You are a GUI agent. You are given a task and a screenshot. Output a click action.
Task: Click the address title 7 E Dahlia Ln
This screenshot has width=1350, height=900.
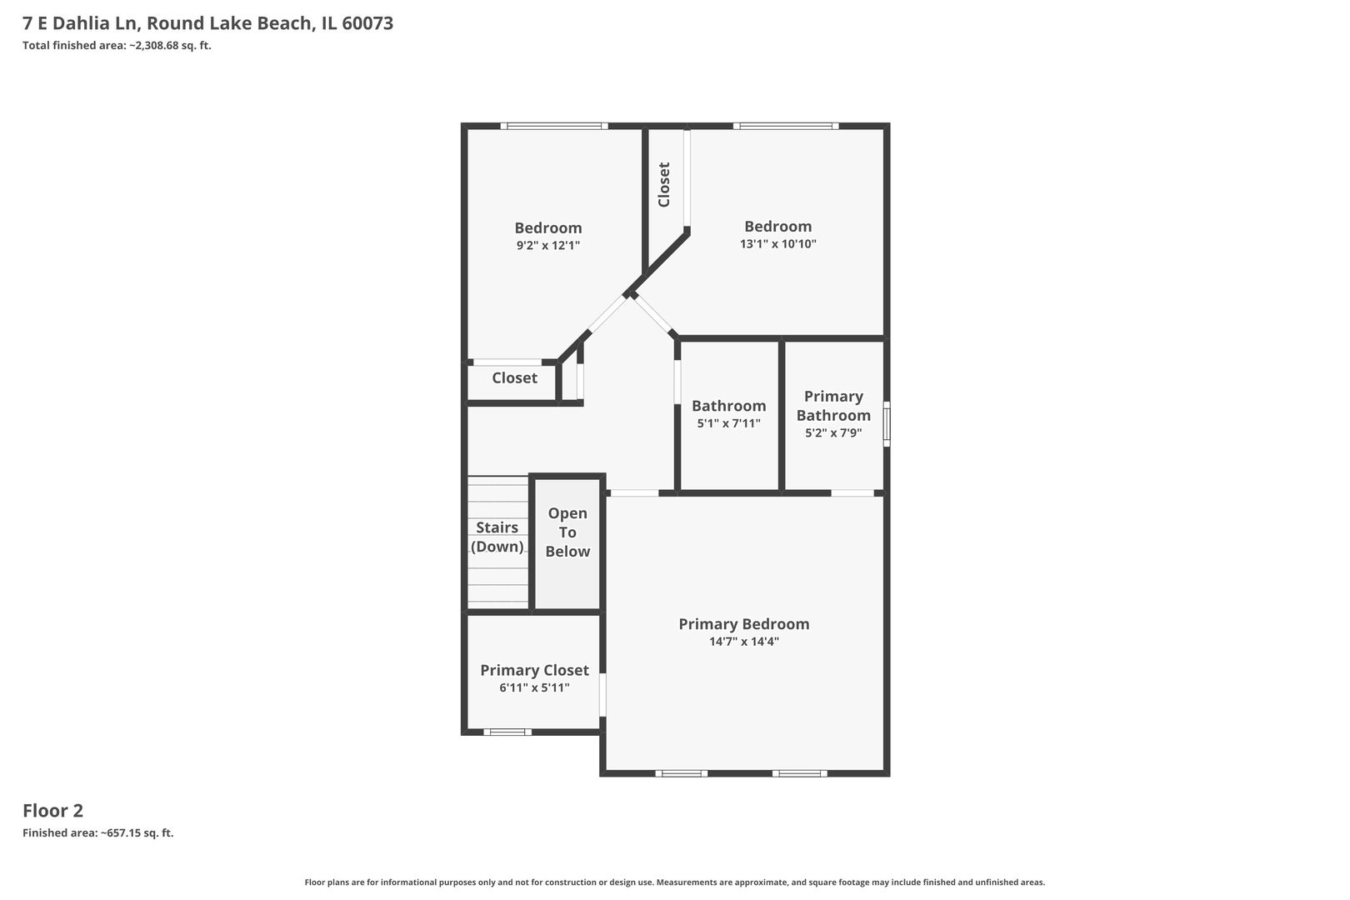pyautogui.click(x=207, y=23)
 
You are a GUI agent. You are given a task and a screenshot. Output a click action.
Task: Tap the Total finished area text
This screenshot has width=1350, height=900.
pyautogui.click(x=117, y=46)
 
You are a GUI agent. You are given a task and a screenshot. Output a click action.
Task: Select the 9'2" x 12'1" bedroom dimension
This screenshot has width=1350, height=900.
pyautogui.click(x=547, y=246)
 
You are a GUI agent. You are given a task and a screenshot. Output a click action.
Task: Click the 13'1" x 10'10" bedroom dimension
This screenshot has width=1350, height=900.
pyautogui.click(x=777, y=244)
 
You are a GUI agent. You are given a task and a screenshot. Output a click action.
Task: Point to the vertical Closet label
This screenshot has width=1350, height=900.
pyautogui.click(x=664, y=184)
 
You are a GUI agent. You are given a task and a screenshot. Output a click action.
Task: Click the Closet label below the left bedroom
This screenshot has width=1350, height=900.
pyautogui.click(x=514, y=378)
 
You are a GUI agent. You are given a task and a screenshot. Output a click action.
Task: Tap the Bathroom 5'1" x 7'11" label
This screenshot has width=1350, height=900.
pyautogui.click(x=728, y=414)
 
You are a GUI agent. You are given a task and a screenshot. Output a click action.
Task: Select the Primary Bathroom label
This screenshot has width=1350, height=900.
pyautogui.click(x=832, y=406)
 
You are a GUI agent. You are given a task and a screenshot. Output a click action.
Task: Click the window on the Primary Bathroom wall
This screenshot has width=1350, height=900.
pyautogui.click(x=887, y=424)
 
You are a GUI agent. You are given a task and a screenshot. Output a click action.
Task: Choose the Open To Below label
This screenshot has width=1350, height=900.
pyautogui.click(x=567, y=532)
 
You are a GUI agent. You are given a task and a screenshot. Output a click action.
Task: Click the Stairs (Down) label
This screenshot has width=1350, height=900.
pyautogui.click(x=497, y=537)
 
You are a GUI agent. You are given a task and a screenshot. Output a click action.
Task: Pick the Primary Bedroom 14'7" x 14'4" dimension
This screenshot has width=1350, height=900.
pyautogui.click(x=744, y=642)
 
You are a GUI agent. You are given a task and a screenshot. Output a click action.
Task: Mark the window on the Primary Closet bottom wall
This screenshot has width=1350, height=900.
pyautogui.click(x=507, y=732)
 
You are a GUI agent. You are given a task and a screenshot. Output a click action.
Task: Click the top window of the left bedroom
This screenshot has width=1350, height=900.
pyautogui.click(x=554, y=127)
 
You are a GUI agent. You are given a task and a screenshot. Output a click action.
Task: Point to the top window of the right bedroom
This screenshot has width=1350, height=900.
pyautogui.click(x=786, y=127)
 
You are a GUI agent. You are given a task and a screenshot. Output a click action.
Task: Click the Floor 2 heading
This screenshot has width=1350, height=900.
pyautogui.click(x=52, y=811)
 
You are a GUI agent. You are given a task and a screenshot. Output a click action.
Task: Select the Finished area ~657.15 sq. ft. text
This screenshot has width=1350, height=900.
pyautogui.click(x=97, y=833)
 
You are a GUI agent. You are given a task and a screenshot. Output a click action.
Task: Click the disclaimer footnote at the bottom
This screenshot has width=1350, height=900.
pyautogui.click(x=674, y=882)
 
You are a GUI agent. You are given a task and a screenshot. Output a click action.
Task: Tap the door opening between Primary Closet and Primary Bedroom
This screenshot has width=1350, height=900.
pyautogui.click(x=602, y=694)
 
